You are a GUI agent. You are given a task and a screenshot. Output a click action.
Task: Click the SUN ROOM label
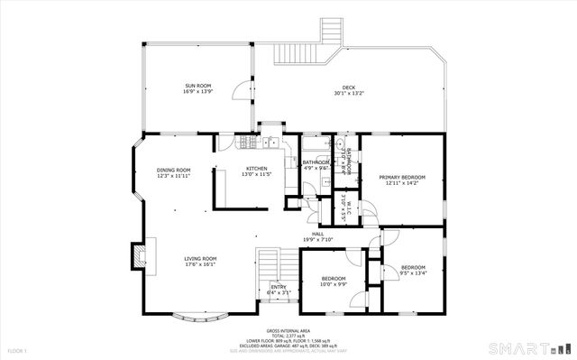pyautogui.click(x=197, y=85)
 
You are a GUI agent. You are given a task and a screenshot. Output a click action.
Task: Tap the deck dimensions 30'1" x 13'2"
pyautogui.click(x=348, y=92)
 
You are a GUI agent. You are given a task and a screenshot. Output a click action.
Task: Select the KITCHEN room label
pyautogui.click(x=258, y=169)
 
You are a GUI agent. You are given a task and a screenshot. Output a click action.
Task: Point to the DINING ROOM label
pyautogui.click(x=173, y=170)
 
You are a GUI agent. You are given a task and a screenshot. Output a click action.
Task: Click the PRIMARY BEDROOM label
pyautogui.click(x=401, y=177)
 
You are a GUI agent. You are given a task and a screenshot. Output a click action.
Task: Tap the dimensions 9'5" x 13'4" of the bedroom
pyautogui.click(x=413, y=273)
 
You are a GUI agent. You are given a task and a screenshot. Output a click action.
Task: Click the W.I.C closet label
pyautogui.click(x=344, y=208)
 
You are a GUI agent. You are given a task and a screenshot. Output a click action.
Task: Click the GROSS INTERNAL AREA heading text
pyautogui.click(x=287, y=331)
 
